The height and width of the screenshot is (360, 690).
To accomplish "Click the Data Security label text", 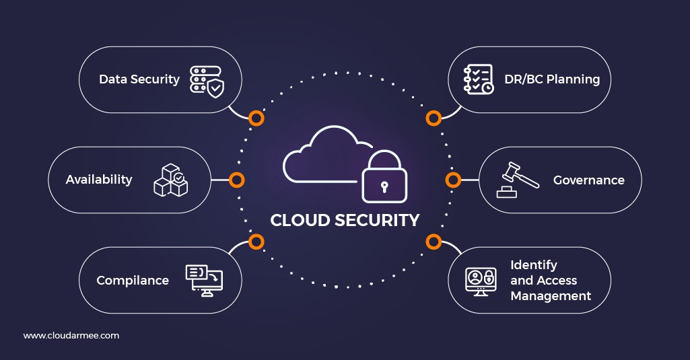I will pyautogui.click(x=139, y=79).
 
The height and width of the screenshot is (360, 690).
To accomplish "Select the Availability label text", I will pyautogui.click(x=99, y=180).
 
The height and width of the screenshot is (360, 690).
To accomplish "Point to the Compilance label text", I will pyautogui.click(x=133, y=281).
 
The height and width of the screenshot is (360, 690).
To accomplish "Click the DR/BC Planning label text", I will pyautogui.click(x=552, y=79).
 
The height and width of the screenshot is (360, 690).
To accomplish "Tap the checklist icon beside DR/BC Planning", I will pyautogui.click(x=479, y=79).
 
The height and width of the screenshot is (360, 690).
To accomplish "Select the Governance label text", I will pyautogui.click(x=588, y=180).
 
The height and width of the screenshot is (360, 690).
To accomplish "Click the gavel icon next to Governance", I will pyautogui.click(x=518, y=180).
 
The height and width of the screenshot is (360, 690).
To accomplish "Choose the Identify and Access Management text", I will pyautogui.click(x=550, y=281).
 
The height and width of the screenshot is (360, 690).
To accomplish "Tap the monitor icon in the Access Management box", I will pyautogui.click(x=481, y=281).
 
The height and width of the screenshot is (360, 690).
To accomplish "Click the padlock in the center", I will pyautogui.click(x=384, y=178).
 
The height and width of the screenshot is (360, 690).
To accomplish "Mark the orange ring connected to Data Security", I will pyautogui.click(x=256, y=118).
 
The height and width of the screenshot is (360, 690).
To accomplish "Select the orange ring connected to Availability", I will pyautogui.click(x=236, y=180).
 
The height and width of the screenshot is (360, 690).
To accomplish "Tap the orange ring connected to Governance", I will pyautogui.click(x=453, y=180).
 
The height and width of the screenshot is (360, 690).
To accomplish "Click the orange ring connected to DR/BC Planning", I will pyautogui.click(x=434, y=118).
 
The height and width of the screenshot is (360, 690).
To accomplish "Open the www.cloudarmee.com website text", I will pyautogui.click(x=71, y=335).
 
